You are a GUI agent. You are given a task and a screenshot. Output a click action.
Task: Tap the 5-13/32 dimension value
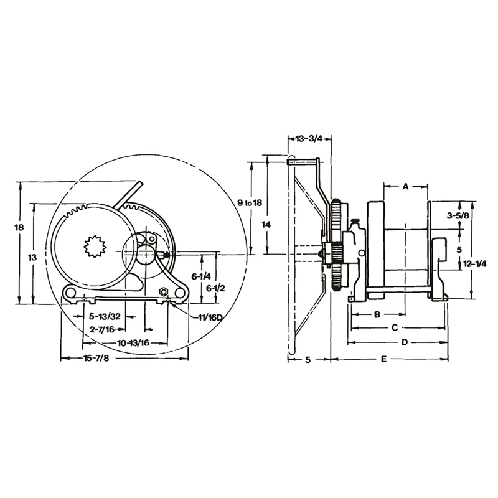coord(104,317)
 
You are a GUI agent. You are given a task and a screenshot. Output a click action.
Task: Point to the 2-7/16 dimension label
coord(102,329)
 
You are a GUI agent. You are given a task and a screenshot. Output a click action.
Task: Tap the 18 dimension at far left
coord(19,228)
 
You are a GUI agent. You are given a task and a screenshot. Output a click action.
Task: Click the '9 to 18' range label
coord(250,203)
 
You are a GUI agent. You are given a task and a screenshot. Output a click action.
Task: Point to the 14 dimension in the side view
coord(266,223)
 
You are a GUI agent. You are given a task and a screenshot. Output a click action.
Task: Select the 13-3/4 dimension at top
coord(310,139)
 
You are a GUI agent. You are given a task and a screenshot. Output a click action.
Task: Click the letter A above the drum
coord(405,186)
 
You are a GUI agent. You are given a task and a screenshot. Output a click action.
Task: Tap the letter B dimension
coord(377,314)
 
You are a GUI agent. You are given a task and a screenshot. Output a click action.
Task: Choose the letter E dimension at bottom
coord(384,359)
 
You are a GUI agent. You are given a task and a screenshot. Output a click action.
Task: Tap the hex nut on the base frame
coord(164,291)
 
